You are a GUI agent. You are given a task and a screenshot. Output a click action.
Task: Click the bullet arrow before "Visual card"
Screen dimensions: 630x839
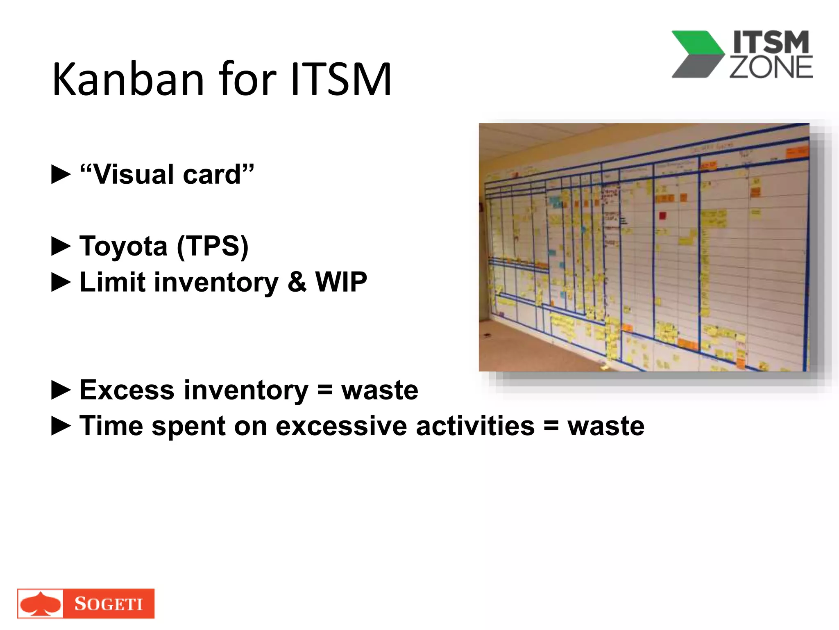[x=61, y=174]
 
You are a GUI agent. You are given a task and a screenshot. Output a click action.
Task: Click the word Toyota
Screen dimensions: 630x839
[x=123, y=246]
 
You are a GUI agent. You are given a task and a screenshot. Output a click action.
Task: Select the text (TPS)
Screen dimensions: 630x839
[x=213, y=246]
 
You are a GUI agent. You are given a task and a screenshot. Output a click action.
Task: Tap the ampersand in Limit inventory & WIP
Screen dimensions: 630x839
[x=297, y=282]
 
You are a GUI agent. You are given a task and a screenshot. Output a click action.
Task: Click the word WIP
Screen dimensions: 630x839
[x=341, y=282]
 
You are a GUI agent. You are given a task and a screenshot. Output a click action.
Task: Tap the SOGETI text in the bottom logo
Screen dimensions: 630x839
[x=109, y=604]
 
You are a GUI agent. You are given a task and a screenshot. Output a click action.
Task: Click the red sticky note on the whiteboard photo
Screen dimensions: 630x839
[x=662, y=215]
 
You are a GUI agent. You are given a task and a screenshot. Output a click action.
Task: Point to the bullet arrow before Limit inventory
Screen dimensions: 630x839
[x=61, y=282]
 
